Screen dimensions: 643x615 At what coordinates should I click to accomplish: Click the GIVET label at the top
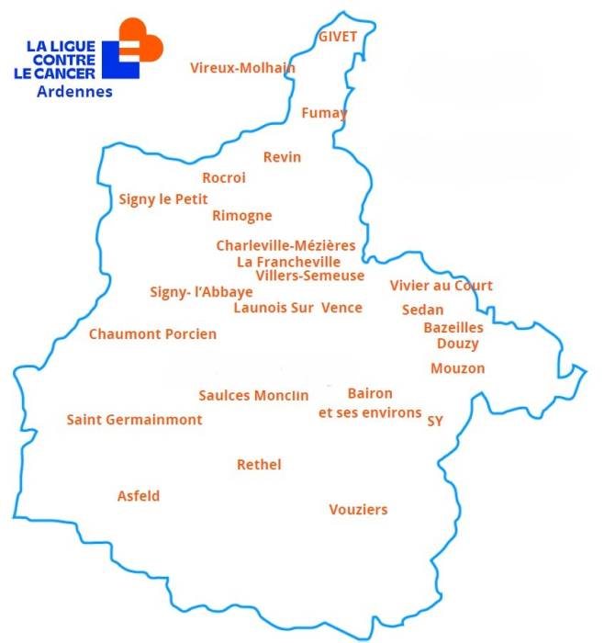(x=337, y=36)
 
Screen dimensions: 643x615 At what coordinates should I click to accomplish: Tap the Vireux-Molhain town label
(x=242, y=67)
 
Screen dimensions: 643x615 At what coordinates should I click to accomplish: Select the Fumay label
(x=324, y=113)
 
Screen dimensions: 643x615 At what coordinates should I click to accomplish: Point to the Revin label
(x=282, y=157)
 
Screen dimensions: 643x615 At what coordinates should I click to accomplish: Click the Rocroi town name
(x=224, y=178)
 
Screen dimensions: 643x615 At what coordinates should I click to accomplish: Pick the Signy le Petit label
(x=163, y=199)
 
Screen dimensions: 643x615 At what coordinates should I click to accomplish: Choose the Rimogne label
(x=241, y=216)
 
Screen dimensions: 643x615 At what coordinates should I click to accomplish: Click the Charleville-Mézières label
(x=285, y=245)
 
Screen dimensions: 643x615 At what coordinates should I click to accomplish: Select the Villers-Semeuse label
(x=309, y=276)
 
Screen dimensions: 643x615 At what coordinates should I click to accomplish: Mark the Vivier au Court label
(x=441, y=286)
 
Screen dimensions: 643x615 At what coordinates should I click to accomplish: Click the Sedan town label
(x=422, y=310)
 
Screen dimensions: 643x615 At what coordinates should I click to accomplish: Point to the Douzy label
(x=457, y=344)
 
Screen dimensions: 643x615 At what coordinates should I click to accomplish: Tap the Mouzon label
(x=457, y=368)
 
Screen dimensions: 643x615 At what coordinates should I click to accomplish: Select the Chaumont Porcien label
(x=152, y=334)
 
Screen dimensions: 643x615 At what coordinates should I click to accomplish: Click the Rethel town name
(x=259, y=465)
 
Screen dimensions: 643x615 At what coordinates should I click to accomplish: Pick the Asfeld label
(x=139, y=496)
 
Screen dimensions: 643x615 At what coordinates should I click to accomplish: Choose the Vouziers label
(x=358, y=510)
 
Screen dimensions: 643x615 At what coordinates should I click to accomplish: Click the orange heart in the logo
(x=141, y=40)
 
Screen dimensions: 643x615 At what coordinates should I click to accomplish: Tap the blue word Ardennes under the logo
(x=75, y=92)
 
